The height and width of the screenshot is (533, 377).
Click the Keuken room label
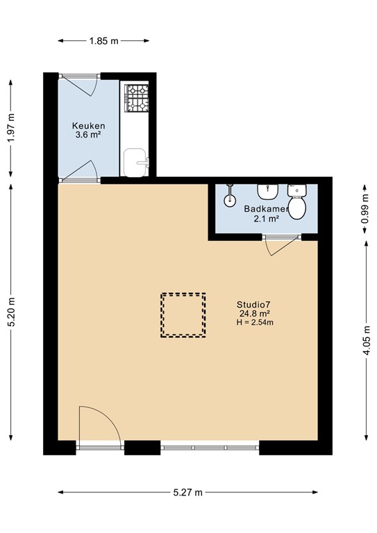87,126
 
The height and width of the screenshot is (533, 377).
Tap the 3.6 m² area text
88,136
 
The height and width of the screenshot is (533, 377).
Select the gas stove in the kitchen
136,98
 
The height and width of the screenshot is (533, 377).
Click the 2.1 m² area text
265,219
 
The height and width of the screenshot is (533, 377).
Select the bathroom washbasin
267,190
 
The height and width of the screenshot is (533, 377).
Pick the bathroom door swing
278,246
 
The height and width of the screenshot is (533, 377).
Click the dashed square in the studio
183,314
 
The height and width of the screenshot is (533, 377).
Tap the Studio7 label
253,304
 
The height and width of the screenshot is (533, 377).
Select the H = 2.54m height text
255,322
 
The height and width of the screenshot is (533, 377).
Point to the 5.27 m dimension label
187,492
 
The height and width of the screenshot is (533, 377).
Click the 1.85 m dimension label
103,41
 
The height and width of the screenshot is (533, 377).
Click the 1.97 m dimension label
11,128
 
